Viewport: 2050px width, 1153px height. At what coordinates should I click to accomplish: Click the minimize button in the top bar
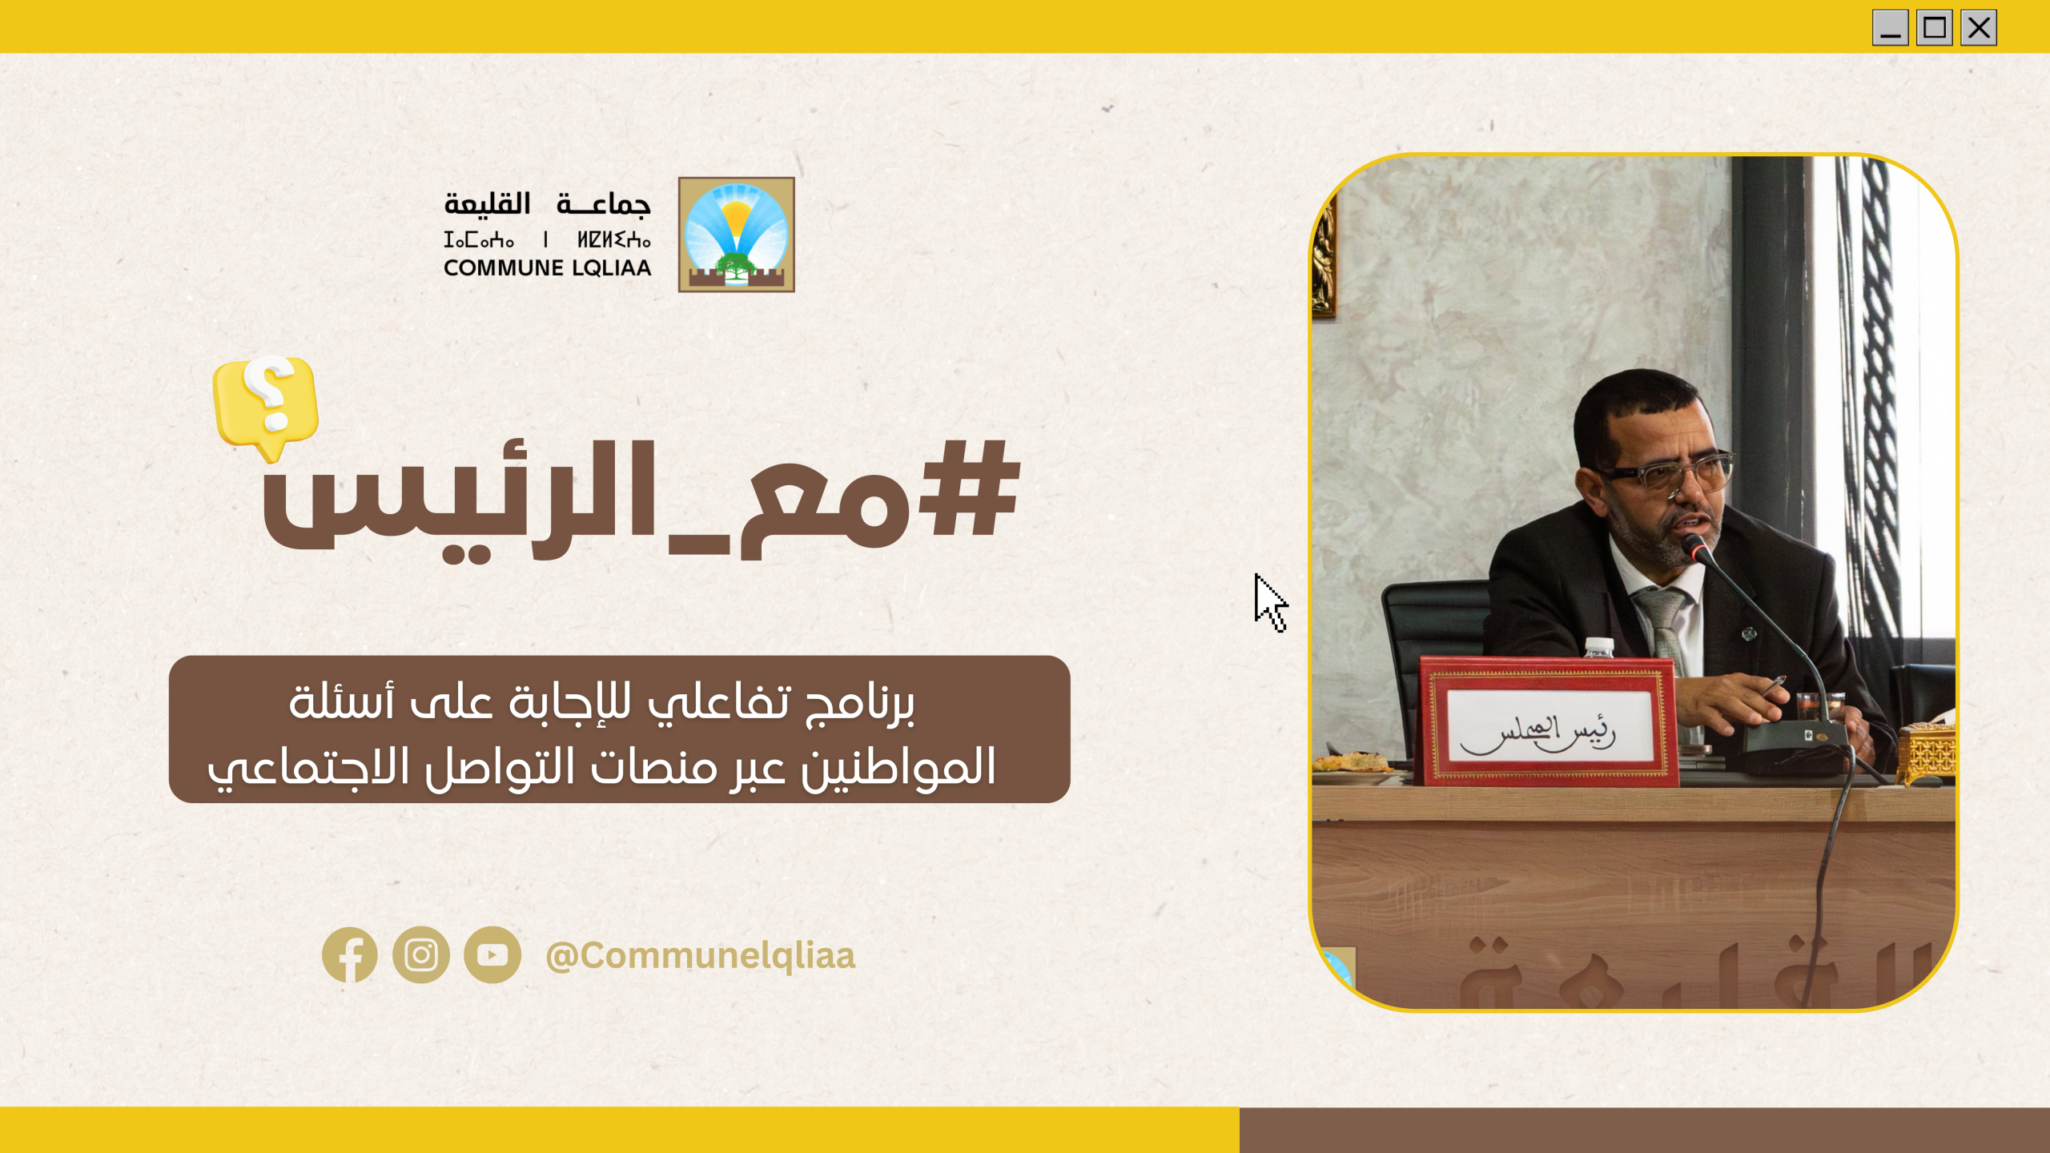tap(1890, 28)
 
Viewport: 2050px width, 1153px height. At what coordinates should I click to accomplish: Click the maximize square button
tap(1934, 28)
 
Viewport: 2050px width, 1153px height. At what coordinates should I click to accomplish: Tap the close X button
tap(1978, 28)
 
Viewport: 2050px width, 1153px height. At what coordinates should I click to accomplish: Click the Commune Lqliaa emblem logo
tap(736, 235)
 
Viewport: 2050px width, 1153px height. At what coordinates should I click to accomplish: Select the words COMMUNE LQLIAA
tap(548, 267)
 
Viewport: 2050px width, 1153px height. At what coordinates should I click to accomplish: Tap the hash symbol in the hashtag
tap(970, 488)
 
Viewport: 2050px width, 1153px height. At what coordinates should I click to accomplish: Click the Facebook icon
tap(350, 954)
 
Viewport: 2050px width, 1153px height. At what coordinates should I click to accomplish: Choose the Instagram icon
tap(421, 954)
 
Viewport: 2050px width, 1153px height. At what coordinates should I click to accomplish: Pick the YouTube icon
tap(492, 954)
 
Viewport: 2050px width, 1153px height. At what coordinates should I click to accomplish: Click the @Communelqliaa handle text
tap(701, 955)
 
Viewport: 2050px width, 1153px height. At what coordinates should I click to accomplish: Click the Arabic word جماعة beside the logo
tap(604, 204)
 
